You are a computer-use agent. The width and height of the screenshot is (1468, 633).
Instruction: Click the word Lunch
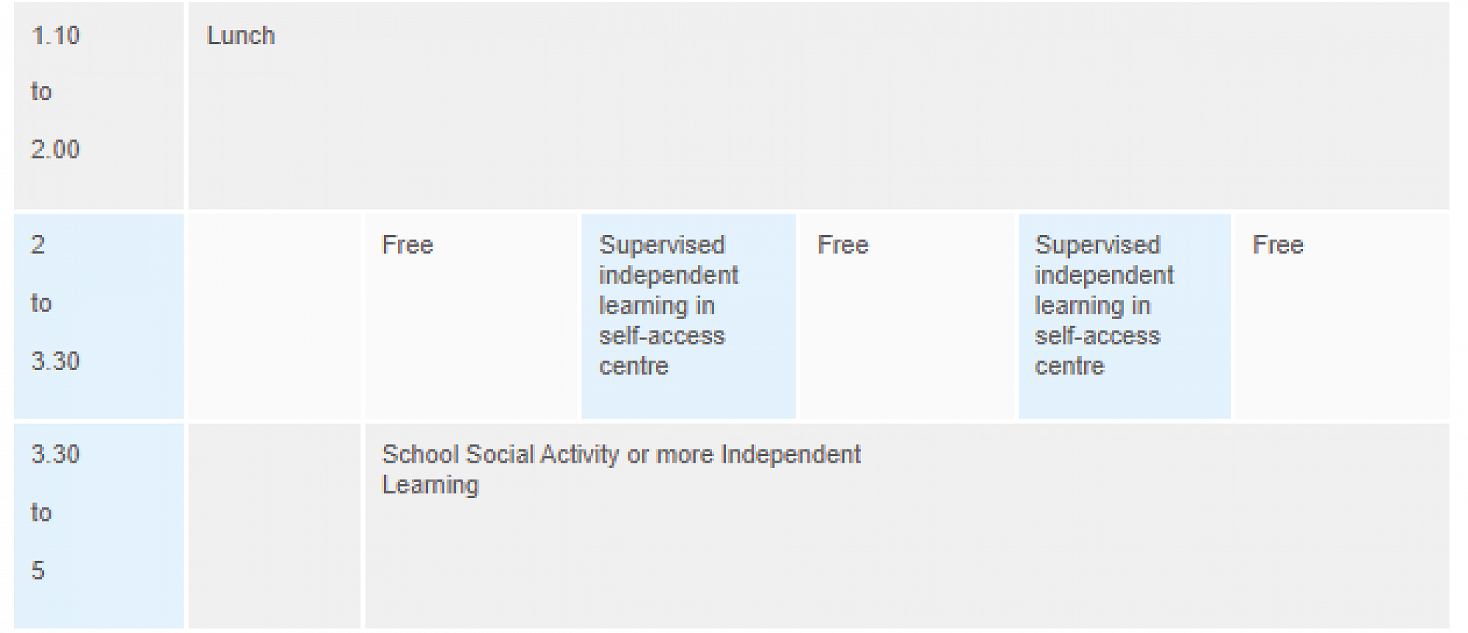241,35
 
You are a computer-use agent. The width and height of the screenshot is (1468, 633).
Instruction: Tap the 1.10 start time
56,35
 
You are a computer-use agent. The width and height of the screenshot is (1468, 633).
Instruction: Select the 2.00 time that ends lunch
56,149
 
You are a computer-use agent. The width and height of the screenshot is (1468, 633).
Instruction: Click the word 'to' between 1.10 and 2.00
41,92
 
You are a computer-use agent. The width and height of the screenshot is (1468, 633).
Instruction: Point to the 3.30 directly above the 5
56,454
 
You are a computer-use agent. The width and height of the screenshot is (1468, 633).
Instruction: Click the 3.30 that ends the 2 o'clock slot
56,361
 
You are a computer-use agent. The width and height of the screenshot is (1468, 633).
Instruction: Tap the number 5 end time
38,570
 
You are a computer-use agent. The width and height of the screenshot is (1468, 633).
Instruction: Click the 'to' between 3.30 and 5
41,512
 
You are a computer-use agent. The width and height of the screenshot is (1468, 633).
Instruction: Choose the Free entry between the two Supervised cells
843,245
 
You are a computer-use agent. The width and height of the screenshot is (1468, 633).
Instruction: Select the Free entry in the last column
1278,245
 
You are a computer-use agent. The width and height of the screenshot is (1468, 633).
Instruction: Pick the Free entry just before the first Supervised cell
407,245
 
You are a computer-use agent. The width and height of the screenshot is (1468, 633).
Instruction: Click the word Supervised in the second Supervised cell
1097,245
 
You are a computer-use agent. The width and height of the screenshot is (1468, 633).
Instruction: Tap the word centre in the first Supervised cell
633,366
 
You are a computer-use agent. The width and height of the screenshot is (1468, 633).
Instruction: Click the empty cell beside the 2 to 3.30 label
275,316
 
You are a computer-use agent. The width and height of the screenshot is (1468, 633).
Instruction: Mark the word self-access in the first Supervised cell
662,336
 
